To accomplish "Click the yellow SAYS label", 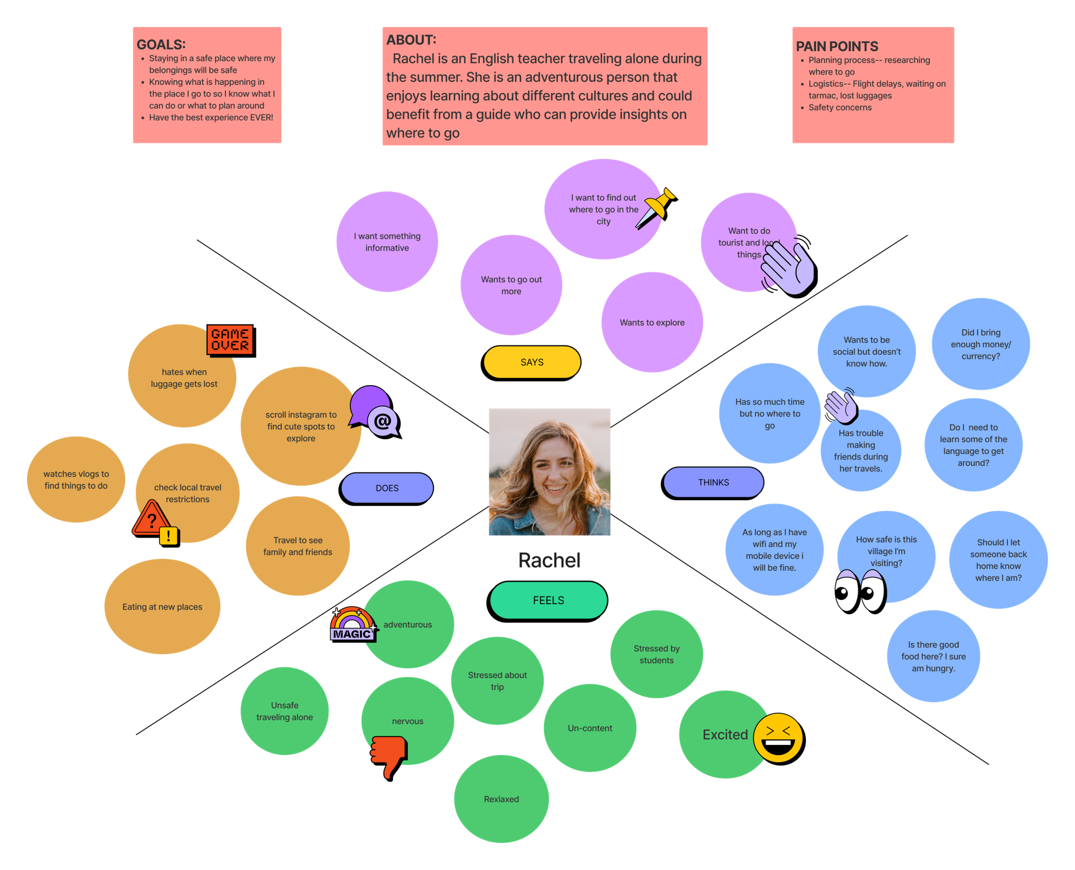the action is (x=532, y=363).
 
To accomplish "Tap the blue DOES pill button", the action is (x=387, y=488).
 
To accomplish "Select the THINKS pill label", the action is (x=713, y=483).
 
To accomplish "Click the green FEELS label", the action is (x=547, y=601).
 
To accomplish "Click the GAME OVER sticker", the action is (x=231, y=340).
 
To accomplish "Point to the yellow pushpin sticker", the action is (x=657, y=208).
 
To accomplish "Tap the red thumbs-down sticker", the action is (x=389, y=758).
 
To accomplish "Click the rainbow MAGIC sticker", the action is (x=353, y=625).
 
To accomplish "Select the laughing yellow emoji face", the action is (x=779, y=739).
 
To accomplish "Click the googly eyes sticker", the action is (x=861, y=592).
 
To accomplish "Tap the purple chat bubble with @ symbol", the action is (x=375, y=413).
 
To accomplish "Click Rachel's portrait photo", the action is (x=549, y=472).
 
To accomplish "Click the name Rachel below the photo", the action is (x=549, y=561).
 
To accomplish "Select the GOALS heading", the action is (x=161, y=45).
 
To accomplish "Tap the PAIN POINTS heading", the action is (x=837, y=46).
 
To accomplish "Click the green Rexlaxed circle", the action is (x=501, y=799).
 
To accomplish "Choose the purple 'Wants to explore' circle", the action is (x=652, y=322).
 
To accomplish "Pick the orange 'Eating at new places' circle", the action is (x=162, y=606).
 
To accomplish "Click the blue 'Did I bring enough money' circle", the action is (x=980, y=344).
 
